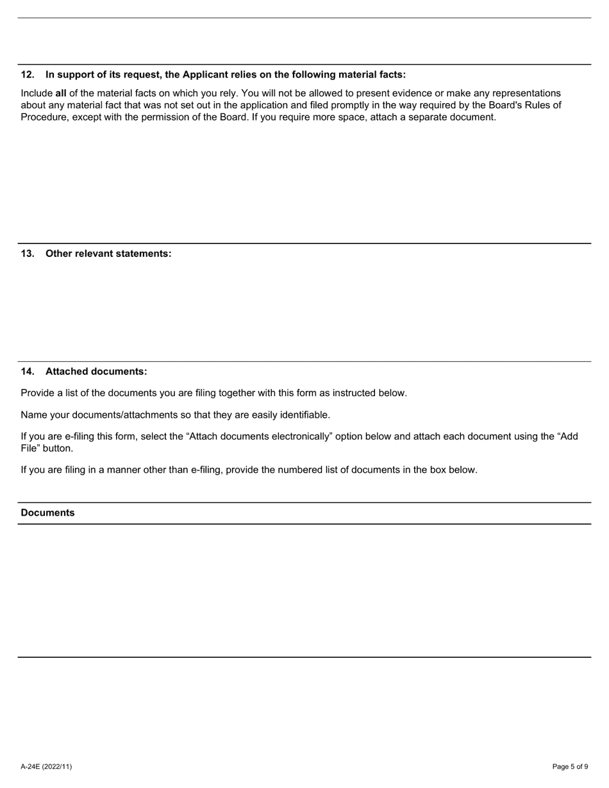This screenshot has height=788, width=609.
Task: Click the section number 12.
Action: (27, 74)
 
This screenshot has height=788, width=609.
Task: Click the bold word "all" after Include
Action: (61, 94)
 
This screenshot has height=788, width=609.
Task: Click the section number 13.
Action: (27, 254)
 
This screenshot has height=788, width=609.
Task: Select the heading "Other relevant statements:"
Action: (108, 254)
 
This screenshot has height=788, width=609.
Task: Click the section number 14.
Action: (27, 372)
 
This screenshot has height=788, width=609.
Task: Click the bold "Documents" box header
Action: (47, 513)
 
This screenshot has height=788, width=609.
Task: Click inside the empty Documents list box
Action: (304, 589)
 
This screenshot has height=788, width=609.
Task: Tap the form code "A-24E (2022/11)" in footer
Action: (46, 767)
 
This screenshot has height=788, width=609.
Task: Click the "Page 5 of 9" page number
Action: (570, 767)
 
